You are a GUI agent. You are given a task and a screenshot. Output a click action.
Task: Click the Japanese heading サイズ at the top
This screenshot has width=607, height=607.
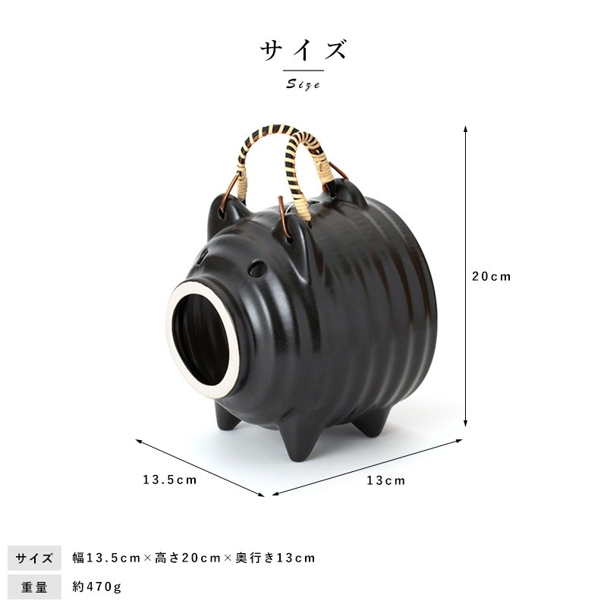[x=303, y=50]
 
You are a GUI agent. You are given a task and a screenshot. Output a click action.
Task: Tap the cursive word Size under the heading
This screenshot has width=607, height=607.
[x=303, y=84]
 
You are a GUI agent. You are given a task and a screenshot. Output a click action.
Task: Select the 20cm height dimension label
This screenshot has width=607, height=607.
[x=491, y=276]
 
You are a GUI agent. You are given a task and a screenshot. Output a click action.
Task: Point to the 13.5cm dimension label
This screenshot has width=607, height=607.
[x=169, y=480]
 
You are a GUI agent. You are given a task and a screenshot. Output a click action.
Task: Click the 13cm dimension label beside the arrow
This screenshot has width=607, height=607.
[x=386, y=480]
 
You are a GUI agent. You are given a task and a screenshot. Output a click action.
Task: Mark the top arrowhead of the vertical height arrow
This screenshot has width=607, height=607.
[x=465, y=129]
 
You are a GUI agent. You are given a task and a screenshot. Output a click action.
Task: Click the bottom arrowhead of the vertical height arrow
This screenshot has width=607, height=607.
[x=465, y=423]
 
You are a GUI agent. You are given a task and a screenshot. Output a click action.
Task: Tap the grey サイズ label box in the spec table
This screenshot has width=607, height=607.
[x=34, y=558]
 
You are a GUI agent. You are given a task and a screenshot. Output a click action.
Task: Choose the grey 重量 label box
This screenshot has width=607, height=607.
[x=34, y=587]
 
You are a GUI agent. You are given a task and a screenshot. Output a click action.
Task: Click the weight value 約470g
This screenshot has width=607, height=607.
[x=97, y=587]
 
